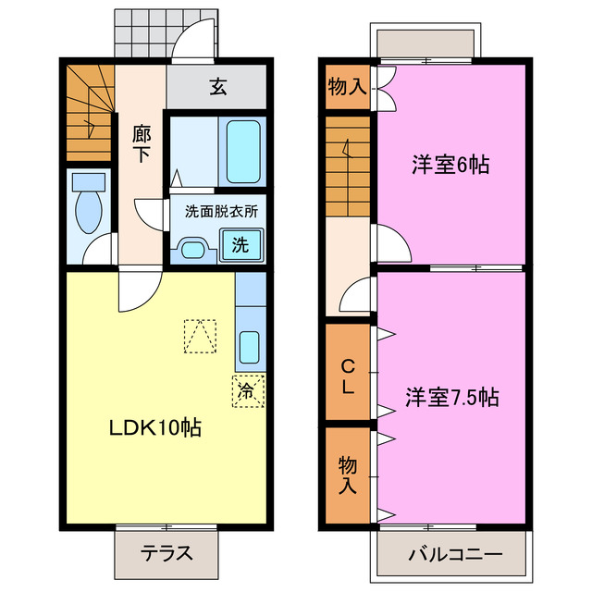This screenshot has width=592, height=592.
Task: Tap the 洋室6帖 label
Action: [450, 165]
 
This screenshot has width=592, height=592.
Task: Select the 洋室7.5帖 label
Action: [450, 398]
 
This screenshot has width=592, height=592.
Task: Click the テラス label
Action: [167, 555]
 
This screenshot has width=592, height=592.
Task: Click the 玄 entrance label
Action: [218, 88]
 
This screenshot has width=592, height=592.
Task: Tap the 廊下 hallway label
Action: [141, 144]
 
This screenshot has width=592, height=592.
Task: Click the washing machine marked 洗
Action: [240, 246]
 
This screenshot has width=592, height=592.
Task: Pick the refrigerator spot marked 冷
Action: [246, 390]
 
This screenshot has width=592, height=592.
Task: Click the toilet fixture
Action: [89, 203]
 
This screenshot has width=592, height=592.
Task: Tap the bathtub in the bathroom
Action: [243, 151]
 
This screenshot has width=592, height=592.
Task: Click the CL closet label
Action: [347, 376]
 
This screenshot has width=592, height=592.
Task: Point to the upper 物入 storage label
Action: [347, 87]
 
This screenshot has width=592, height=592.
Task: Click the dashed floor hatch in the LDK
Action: [199, 337]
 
